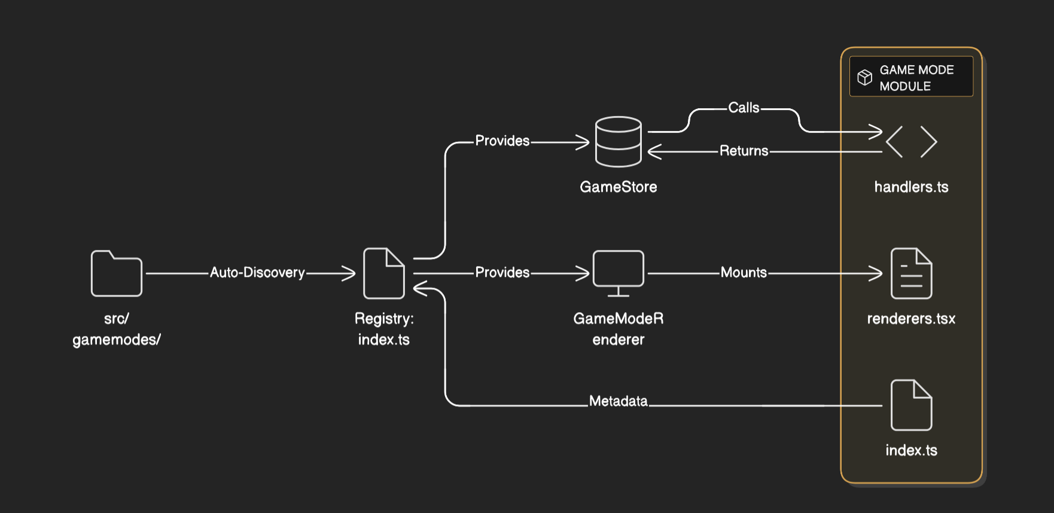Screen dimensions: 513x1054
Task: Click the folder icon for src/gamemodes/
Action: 117,273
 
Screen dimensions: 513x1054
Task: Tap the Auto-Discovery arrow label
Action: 257,273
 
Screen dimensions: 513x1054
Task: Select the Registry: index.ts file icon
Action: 384,273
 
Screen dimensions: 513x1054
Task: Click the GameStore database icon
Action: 619,142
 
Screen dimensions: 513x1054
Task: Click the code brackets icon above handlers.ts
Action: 911,142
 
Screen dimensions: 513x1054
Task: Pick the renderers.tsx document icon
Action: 911,273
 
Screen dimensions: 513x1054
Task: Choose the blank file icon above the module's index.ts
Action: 911,405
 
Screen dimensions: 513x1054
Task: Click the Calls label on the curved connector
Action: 744,108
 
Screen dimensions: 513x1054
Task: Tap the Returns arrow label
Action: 744,151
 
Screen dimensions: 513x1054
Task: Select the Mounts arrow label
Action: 744,273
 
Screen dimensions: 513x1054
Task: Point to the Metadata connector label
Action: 619,401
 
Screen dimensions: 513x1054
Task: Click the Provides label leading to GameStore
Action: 502,141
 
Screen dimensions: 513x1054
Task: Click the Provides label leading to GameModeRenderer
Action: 502,273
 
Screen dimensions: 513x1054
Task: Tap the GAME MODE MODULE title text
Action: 916,78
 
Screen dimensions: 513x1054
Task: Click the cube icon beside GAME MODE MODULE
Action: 865,77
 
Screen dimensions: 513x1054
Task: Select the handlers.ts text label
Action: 911,187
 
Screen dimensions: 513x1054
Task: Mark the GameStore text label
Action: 619,187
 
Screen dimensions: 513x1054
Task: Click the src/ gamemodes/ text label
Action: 117,329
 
